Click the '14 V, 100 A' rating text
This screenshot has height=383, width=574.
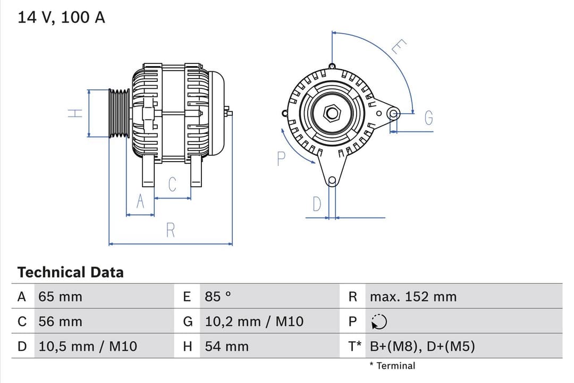(x=61, y=17)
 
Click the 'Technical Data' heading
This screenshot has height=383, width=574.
(x=70, y=272)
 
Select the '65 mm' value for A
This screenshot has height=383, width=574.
(x=60, y=297)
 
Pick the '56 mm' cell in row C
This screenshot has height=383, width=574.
(x=60, y=321)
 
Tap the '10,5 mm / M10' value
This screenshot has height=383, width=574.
(x=88, y=346)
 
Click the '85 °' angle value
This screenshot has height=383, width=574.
(x=218, y=297)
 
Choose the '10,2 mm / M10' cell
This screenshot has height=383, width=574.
(x=254, y=321)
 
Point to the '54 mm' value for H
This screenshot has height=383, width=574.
(x=226, y=346)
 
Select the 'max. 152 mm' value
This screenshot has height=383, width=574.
(x=413, y=297)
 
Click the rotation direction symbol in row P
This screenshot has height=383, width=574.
(x=379, y=322)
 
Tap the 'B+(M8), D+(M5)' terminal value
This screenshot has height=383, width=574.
(x=422, y=346)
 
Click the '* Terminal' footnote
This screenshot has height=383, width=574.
(x=392, y=365)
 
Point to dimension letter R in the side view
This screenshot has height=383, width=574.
(x=171, y=230)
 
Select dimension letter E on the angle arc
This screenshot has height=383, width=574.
(x=398, y=47)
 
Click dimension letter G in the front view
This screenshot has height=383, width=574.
(x=429, y=118)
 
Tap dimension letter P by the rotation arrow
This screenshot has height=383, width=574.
(x=281, y=158)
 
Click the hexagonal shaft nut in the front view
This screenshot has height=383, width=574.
(x=332, y=113)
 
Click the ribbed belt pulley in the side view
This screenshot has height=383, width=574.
(x=119, y=113)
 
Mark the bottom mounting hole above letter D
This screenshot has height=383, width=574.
(x=332, y=180)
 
